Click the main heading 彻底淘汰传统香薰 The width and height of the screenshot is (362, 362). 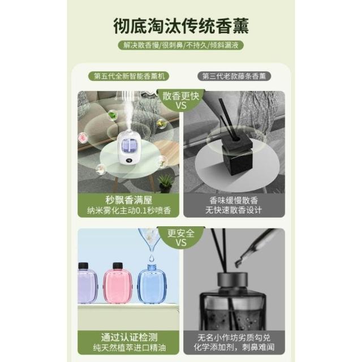[181, 26]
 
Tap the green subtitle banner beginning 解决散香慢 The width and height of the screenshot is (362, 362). [181, 45]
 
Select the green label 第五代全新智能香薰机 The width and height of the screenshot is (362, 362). [129, 76]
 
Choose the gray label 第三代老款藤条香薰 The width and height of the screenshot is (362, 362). [234, 76]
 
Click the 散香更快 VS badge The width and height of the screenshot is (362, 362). [181, 101]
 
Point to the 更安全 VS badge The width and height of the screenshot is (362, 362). [181, 238]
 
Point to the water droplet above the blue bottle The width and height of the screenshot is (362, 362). [151, 257]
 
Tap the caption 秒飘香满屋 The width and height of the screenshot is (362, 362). [128, 200]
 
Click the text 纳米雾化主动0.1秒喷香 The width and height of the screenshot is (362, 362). [129, 210]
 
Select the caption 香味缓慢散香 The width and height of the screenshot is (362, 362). [234, 200]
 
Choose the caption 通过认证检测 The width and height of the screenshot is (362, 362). [129, 337]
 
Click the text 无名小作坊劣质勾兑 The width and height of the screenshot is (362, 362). [234, 338]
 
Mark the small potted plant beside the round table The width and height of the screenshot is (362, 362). [166, 183]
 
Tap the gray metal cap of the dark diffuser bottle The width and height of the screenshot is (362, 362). [232, 279]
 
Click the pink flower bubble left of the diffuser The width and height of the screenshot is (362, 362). [83, 138]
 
